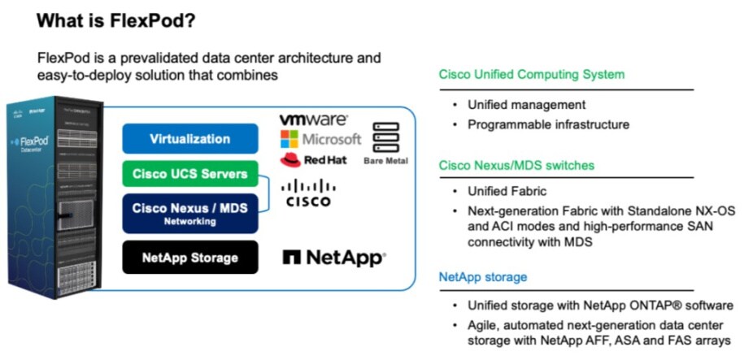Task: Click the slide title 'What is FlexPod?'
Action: [x=116, y=20]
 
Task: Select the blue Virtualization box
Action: [x=189, y=139]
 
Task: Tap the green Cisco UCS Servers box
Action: [x=189, y=173]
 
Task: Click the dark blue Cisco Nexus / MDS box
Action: [x=189, y=212]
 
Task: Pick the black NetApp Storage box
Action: [x=189, y=258]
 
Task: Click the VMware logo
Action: [x=313, y=119]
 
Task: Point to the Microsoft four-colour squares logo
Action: [x=289, y=139]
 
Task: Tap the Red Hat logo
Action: [x=313, y=159]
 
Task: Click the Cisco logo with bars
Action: [x=308, y=193]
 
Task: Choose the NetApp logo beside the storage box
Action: [x=333, y=258]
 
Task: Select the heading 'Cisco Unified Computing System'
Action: [x=532, y=75]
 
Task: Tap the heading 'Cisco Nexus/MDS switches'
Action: [x=516, y=166]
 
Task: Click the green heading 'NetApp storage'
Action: [x=483, y=277]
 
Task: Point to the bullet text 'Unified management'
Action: [x=526, y=105]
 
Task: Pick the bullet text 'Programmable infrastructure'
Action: [x=548, y=124]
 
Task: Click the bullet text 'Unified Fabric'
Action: [x=507, y=192]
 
